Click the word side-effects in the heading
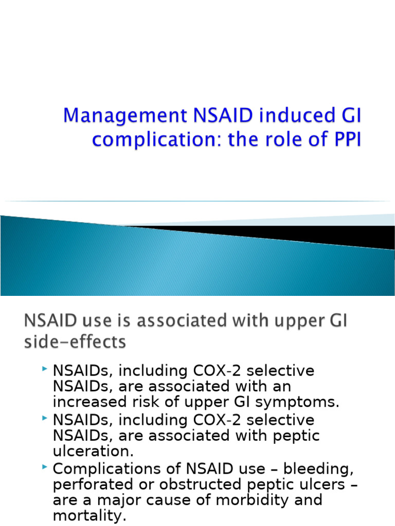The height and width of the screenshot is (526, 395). [75, 343]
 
